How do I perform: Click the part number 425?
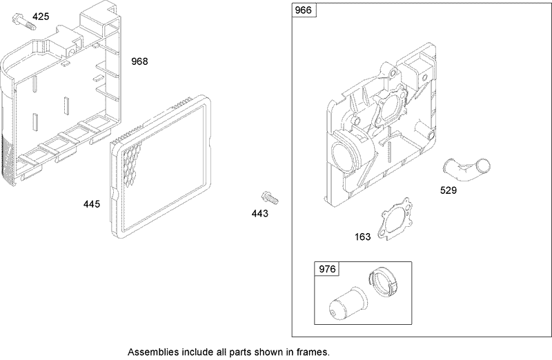coord(41,17)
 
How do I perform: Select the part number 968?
coord(139,61)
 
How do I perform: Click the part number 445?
coord(92,204)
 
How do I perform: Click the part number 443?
coord(259,213)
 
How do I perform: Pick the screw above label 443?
coord(270,198)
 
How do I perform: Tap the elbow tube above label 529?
coord(464,167)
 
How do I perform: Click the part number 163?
coord(362,237)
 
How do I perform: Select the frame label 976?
coord(326,270)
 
